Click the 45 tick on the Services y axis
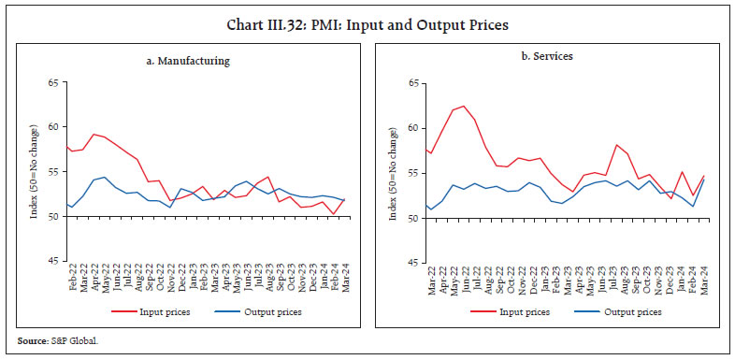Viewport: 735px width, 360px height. pos(412,262)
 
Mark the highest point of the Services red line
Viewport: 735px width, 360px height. pos(463,106)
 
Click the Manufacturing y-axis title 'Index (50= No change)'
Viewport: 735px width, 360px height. pos(33,172)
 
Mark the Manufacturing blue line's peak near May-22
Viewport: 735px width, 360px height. pos(104,177)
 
